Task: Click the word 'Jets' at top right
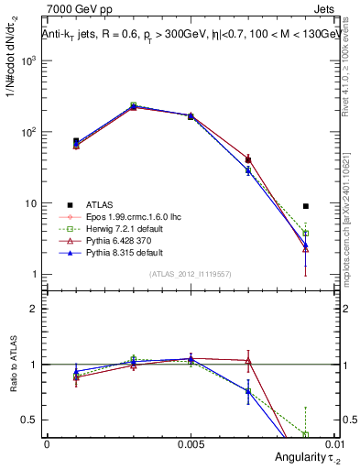[x=325, y=10]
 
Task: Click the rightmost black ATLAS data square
[x=306, y=206]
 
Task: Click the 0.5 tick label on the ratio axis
[x=29, y=420]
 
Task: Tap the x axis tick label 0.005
[x=190, y=442]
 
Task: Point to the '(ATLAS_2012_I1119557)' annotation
[x=189, y=274]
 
